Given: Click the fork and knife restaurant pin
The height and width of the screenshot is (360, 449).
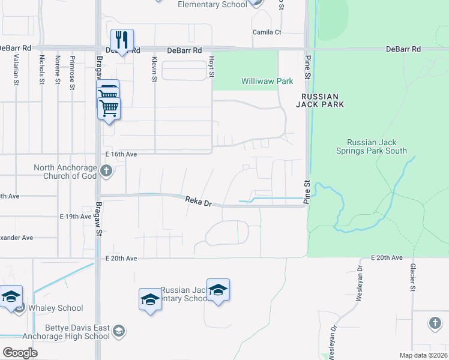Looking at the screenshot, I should (122, 40).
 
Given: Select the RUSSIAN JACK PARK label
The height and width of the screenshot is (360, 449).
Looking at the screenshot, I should (320, 100).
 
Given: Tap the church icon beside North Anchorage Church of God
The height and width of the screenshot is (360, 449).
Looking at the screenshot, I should (106, 172).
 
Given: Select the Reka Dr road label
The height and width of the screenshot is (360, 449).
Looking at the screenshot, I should (199, 202).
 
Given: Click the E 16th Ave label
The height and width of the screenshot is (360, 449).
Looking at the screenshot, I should (122, 154).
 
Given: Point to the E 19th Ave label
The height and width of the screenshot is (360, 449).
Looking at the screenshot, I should (76, 216).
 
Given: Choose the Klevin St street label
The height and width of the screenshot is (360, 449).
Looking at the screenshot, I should (154, 69).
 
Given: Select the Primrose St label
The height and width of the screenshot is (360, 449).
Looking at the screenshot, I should (72, 71).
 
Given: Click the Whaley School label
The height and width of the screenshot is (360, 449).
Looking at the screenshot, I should (58, 308).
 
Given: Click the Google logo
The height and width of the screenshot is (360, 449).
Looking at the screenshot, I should (20, 353).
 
